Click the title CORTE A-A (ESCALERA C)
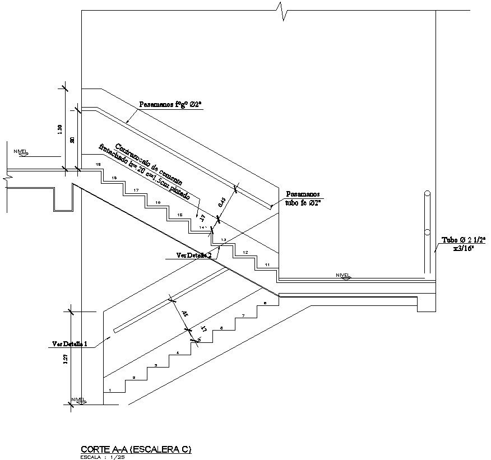pos(136,449)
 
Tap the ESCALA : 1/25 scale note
pos(103,457)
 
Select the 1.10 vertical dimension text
pos(61,130)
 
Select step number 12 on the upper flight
pos(245,253)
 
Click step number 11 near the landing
pos(267,264)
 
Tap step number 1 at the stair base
pos(110,390)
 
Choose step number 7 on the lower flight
pos(243,316)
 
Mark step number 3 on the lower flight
pos(156,365)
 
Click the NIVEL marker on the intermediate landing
pos(342,275)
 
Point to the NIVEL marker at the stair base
pos(78,399)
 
